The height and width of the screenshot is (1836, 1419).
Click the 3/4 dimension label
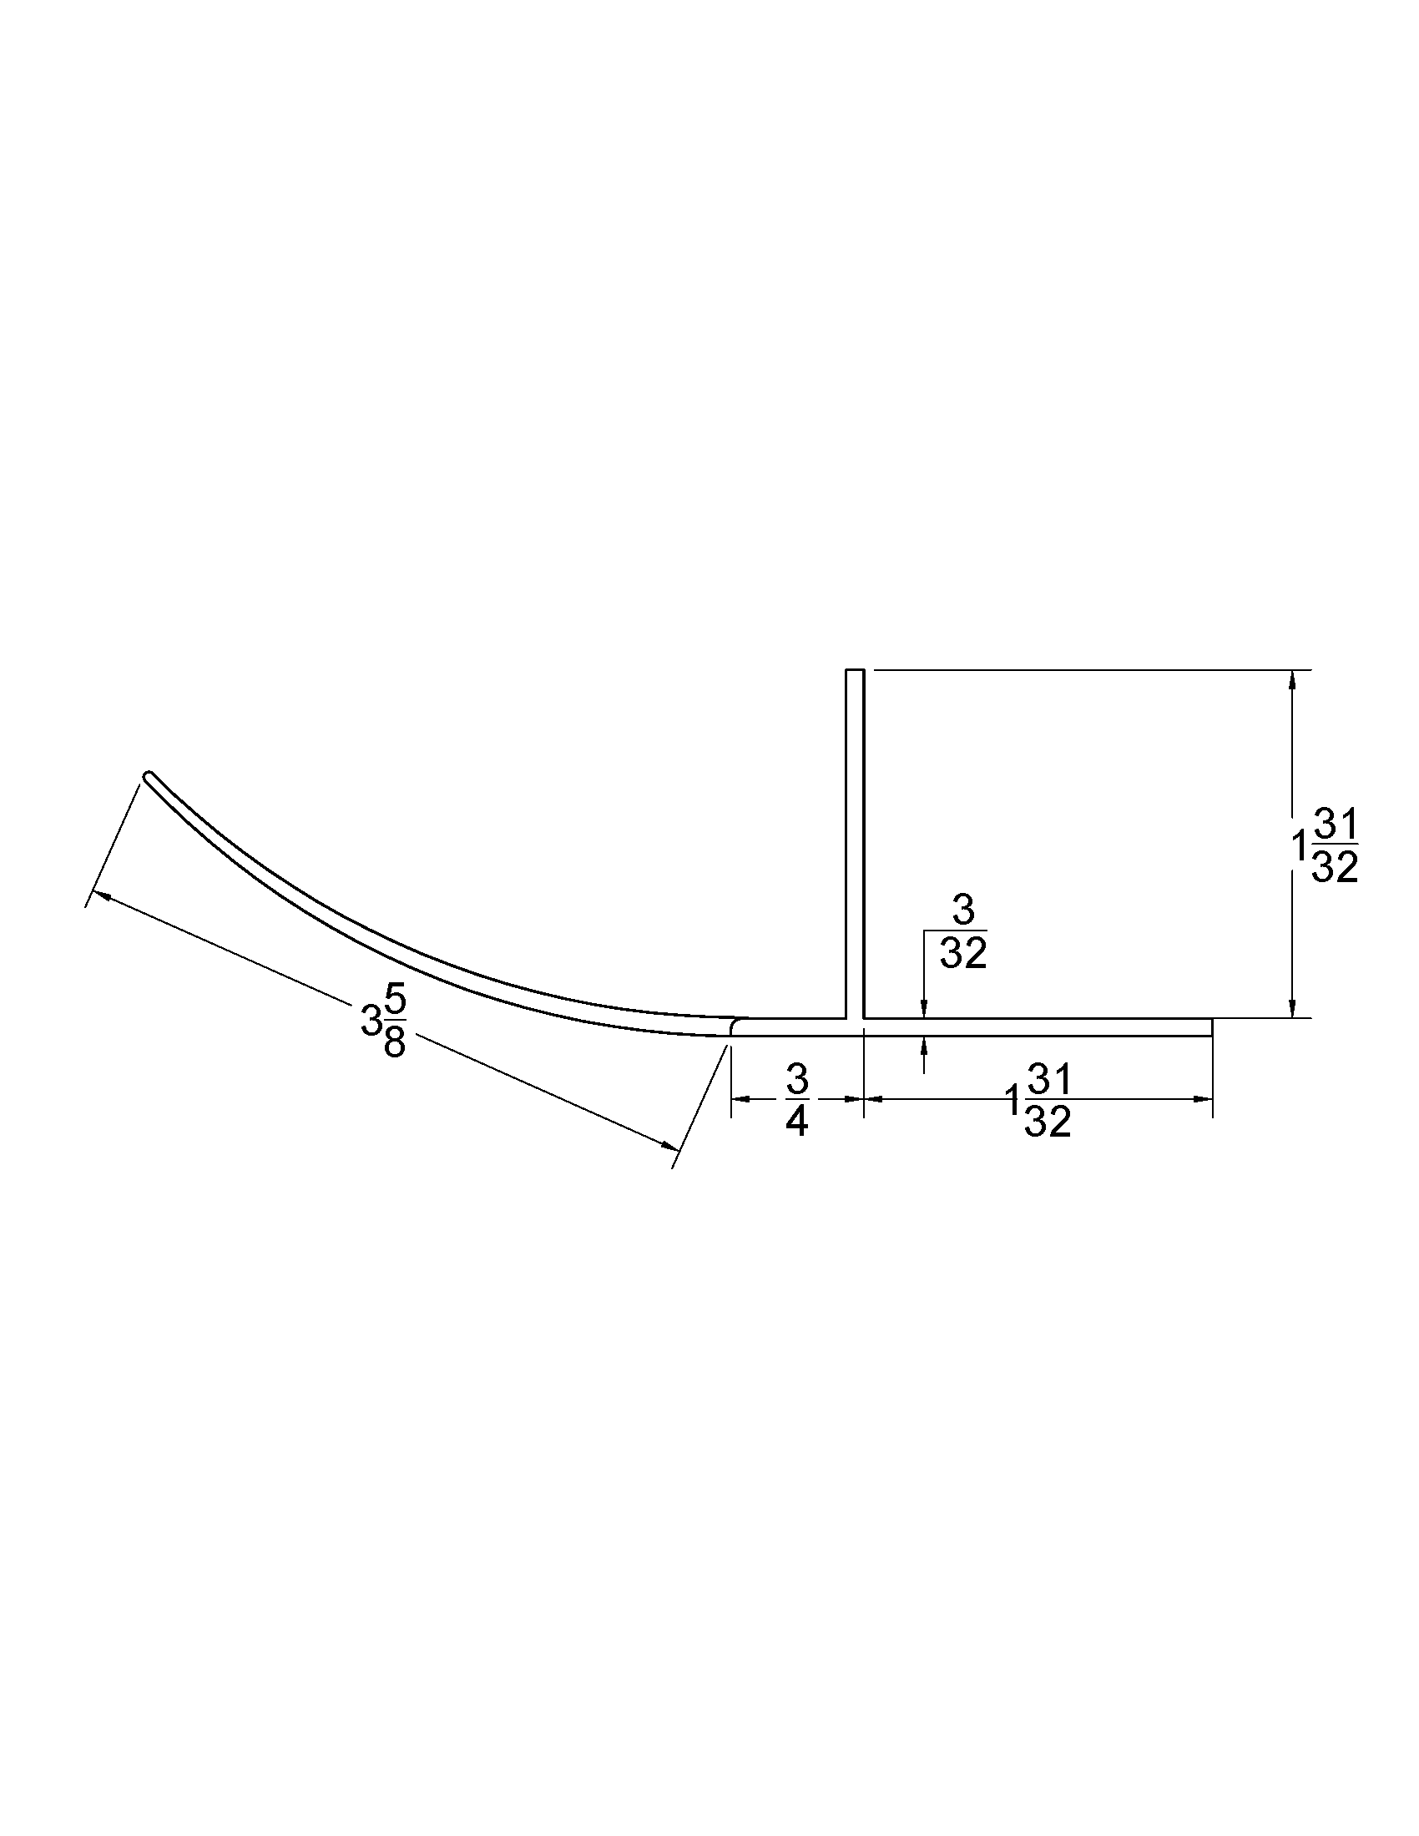point(796,1100)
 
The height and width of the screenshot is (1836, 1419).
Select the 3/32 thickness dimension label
point(962,932)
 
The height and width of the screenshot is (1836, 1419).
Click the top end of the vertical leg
point(854,671)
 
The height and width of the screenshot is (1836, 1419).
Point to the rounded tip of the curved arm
point(149,775)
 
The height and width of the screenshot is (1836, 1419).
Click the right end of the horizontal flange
point(1210,1026)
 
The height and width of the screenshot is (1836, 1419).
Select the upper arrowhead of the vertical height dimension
point(1293,678)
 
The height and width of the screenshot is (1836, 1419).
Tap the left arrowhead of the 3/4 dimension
point(737,1098)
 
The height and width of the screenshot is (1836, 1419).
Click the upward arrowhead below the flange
point(924,1043)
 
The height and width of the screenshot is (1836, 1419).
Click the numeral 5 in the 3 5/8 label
point(396,1001)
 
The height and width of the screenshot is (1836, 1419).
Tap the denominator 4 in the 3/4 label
point(796,1122)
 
